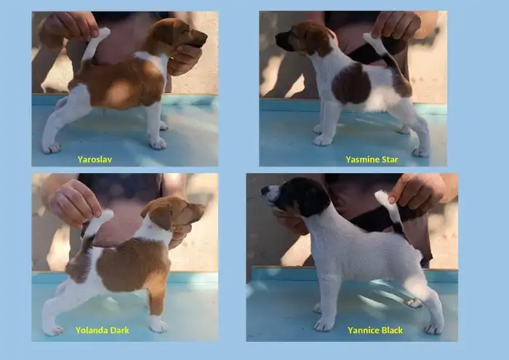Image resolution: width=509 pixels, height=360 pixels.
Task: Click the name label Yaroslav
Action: [95, 159]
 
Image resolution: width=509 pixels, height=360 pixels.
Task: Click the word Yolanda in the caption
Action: [92, 330]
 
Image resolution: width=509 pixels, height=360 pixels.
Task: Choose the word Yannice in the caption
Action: [364, 330]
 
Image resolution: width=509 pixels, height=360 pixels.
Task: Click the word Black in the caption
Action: [392, 330]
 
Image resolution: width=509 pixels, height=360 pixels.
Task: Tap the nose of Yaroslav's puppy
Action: [204, 36]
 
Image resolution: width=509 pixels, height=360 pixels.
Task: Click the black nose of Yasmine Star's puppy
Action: [278, 37]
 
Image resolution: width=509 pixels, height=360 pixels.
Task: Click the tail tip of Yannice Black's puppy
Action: [380, 195]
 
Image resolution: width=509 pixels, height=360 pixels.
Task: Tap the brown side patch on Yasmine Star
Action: [351, 83]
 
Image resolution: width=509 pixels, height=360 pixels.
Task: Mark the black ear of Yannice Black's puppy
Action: [308, 199]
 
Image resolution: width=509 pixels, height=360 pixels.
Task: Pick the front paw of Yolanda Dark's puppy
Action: [159, 325]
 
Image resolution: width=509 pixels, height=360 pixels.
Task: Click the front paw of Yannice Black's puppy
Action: [324, 324]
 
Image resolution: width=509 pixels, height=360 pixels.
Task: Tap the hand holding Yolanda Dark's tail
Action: [75, 202]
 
